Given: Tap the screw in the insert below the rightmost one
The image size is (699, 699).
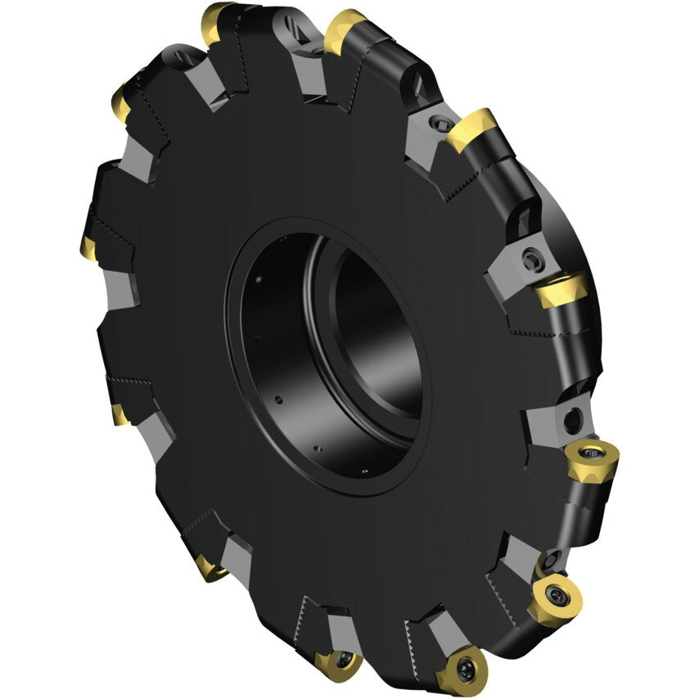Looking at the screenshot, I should click(x=558, y=593).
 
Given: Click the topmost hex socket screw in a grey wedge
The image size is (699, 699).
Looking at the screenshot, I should click(x=443, y=124).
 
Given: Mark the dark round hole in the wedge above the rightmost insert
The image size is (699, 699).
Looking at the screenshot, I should click(x=574, y=421).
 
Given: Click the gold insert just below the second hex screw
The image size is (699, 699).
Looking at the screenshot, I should click(x=561, y=290).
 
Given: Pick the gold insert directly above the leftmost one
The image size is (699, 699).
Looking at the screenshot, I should click(x=120, y=105).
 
